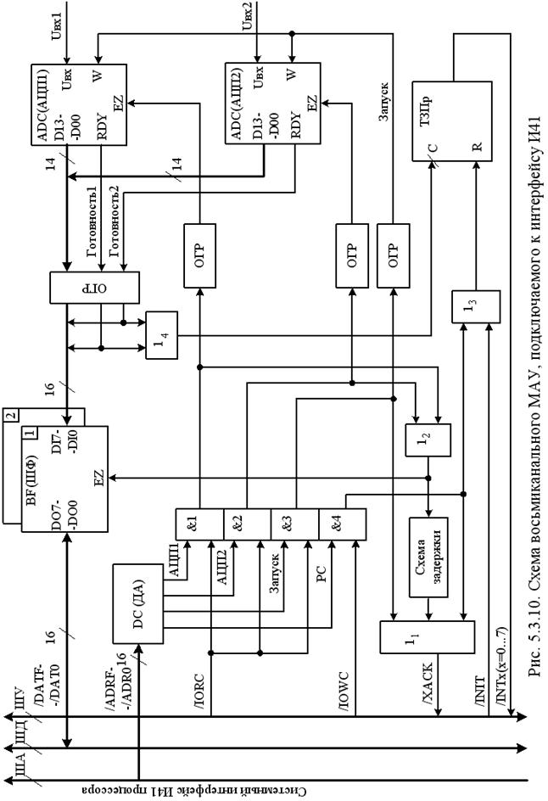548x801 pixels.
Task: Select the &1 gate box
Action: click(x=199, y=524)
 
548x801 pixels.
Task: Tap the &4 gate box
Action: click(x=342, y=524)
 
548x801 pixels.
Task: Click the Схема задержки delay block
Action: click(x=428, y=557)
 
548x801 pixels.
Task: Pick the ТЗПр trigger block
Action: click(x=452, y=120)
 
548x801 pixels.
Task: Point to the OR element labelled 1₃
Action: click(x=476, y=306)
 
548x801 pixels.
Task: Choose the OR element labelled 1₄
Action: click(x=162, y=335)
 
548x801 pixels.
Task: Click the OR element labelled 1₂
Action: click(x=428, y=440)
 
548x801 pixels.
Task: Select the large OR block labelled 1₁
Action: click(x=427, y=636)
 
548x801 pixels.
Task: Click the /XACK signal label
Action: click(x=428, y=685)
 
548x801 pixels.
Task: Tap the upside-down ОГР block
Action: click(x=94, y=287)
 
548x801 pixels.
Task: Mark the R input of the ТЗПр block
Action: click(x=477, y=147)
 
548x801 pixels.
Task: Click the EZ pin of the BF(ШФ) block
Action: click(x=99, y=478)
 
